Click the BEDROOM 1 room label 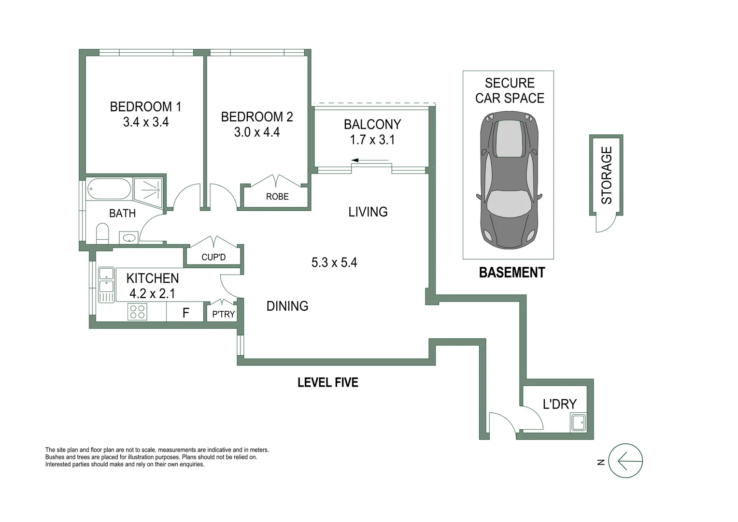pos(145,106)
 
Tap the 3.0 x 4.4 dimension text pos(257,132)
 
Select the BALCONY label pos(372,124)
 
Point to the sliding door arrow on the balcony pos(369,160)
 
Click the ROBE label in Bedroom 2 pos(277,197)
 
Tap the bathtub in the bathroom pos(109,189)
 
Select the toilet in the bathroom pos(102,233)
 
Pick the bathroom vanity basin pos(129,238)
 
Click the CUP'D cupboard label pos(213,257)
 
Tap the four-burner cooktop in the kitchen pos(137,312)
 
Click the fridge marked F pos(185,313)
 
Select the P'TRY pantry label pos(224,314)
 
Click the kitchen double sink pos(106,285)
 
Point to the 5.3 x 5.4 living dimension pos(334,262)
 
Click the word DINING pos(287,306)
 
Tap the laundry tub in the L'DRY pos(578,423)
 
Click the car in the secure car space pos(509,179)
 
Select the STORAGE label pos(607,175)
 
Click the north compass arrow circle pos(625,461)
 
